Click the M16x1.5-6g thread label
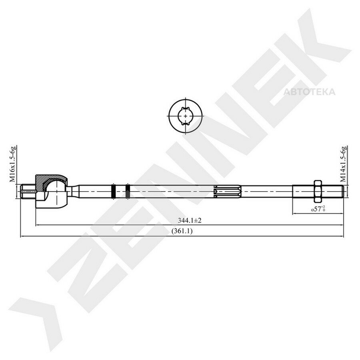click(x=13, y=164)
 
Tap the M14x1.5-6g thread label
click(x=343, y=164)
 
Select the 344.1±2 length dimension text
click(x=190, y=221)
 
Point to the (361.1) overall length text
click(x=182, y=231)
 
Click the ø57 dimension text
click(x=318, y=209)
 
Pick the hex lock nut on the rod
click(x=318, y=192)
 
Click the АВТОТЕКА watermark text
click(x=309, y=92)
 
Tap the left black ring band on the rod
click(x=113, y=192)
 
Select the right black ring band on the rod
click(x=128, y=192)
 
